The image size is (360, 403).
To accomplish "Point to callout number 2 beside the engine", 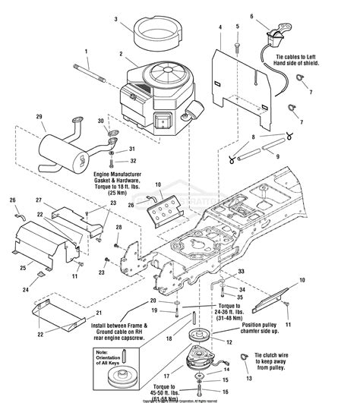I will tap(120, 54).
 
